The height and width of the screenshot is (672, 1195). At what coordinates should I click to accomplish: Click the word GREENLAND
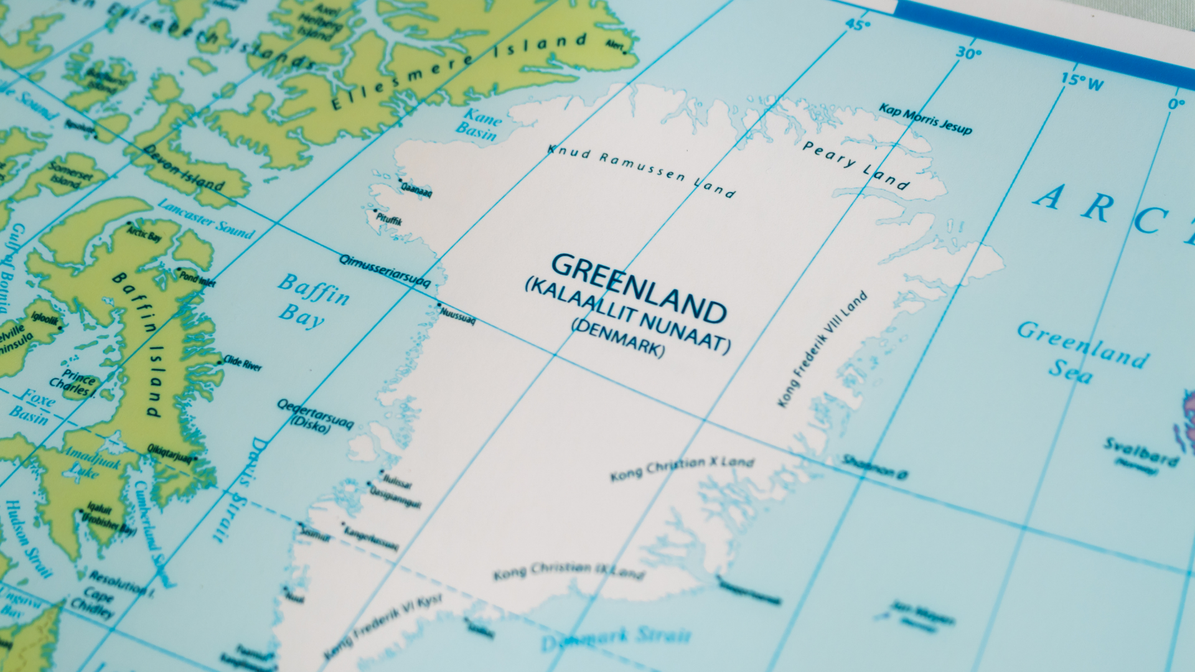(x=639, y=288)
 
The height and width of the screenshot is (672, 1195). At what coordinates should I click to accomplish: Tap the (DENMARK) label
(x=618, y=338)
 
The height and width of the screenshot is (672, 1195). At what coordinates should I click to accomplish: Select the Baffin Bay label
(x=312, y=300)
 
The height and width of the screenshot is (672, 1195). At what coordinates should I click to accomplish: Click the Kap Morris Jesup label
(x=925, y=118)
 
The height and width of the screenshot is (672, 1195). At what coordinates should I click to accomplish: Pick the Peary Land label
(x=855, y=164)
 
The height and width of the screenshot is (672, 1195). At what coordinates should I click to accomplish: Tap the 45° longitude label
(x=857, y=26)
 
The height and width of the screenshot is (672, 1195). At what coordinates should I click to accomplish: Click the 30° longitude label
(x=968, y=54)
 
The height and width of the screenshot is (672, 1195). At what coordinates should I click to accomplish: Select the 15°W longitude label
(x=1082, y=81)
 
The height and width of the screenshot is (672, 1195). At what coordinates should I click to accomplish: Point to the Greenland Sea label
(x=1081, y=352)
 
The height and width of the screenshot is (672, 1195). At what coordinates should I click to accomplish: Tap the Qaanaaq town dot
(x=400, y=181)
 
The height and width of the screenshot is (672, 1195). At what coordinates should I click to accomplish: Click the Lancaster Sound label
(x=206, y=219)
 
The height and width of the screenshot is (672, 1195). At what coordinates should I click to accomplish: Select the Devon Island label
(x=184, y=168)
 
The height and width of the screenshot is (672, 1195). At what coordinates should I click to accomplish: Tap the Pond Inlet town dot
(x=179, y=270)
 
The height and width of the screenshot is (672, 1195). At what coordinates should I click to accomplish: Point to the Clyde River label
(x=243, y=363)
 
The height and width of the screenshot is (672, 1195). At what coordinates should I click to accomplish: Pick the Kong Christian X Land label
(x=682, y=468)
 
